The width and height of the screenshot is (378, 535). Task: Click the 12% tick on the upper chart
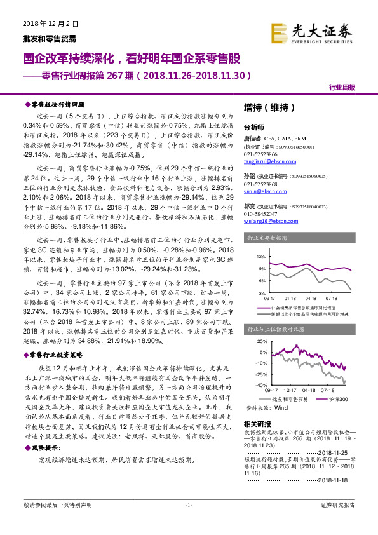261,256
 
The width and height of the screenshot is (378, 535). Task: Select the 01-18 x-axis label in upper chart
290,297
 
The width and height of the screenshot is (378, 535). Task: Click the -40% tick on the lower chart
260,384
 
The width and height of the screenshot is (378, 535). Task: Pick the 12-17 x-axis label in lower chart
290,389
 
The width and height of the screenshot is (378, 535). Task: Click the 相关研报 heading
257,424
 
